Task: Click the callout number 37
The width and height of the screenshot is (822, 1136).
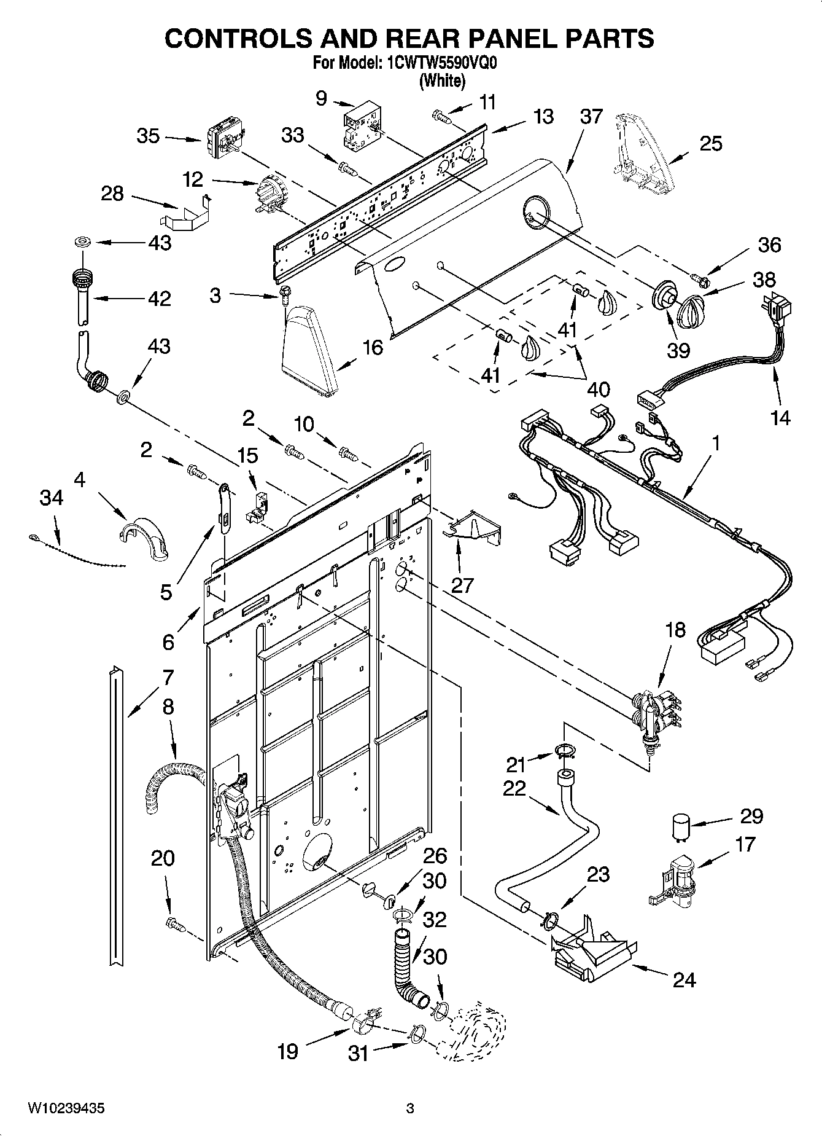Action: click(591, 116)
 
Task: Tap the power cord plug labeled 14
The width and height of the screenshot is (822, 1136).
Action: click(777, 310)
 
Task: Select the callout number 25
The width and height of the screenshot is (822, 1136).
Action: click(710, 143)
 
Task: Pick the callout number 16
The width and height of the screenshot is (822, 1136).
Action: click(373, 347)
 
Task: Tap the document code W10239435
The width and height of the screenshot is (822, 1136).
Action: click(66, 1109)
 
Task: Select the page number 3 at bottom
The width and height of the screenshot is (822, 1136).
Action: click(410, 1109)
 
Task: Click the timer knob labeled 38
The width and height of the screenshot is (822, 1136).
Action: click(692, 310)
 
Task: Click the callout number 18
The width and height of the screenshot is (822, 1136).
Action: click(674, 631)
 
